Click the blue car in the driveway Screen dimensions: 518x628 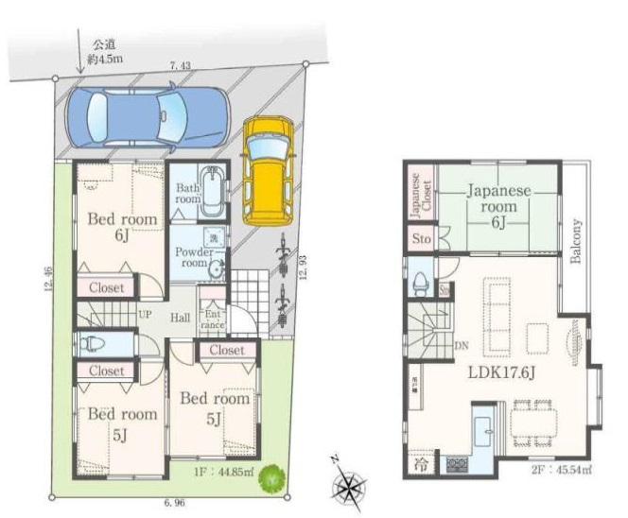coord(147,115)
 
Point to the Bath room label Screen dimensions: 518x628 coord(187,194)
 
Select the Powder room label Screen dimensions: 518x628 coord(195,258)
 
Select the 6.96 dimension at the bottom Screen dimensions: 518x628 coord(172,504)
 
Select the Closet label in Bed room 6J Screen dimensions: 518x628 coord(106,287)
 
